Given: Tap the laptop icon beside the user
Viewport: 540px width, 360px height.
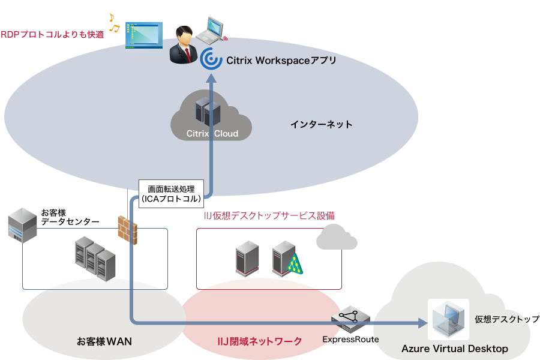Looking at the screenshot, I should (212, 30).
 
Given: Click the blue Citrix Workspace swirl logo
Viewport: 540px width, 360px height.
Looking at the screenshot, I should (211, 60).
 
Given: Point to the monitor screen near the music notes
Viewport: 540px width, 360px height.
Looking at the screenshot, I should (144, 35).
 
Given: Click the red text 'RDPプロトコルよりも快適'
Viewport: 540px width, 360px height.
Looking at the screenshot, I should (52, 35).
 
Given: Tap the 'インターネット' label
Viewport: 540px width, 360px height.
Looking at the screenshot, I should (322, 125).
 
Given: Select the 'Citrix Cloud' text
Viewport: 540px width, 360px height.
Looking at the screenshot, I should (212, 133).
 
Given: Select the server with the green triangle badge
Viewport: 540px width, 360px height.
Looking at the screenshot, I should (286, 257).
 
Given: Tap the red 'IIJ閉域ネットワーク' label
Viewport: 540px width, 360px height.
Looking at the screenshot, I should (259, 341).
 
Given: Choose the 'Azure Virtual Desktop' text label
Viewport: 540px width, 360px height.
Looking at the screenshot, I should (454, 349).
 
